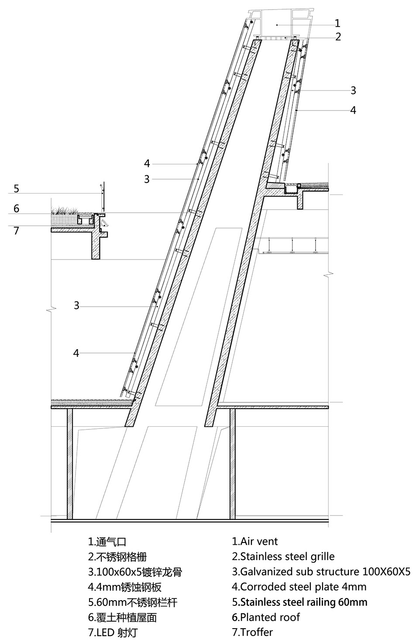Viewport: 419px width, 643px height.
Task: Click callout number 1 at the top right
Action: pyautogui.click(x=337, y=23)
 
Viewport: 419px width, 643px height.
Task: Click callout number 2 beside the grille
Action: pyautogui.click(x=338, y=37)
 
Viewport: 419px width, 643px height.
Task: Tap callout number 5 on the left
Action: pyautogui.click(x=16, y=189)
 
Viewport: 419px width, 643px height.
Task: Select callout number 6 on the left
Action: pyautogui.click(x=16, y=208)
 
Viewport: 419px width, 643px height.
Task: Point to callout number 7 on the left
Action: pyautogui.click(x=16, y=231)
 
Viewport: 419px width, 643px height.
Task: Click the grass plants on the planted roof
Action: pyautogui.click(x=65, y=210)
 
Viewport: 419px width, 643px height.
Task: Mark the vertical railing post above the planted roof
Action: pyautogui.click(x=104, y=197)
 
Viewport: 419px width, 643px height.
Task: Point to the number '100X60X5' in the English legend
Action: pyautogui.click(x=386, y=571)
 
